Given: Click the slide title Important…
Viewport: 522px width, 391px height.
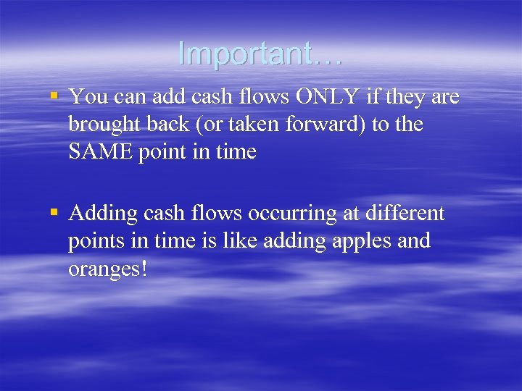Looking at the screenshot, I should pyautogui.click(x=260, y=54).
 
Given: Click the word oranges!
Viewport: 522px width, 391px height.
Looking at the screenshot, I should pyautogui.click(x=108, y=269).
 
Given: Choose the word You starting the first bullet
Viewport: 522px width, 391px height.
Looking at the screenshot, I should pyautogui.click(x=86, y=97).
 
